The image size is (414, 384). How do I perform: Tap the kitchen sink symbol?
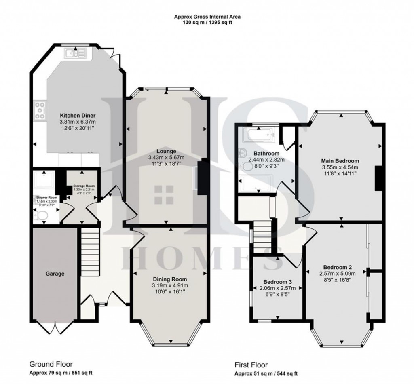pos(75,52)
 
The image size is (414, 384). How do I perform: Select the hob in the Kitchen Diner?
pos(40,110)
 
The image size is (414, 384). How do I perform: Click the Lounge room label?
pos(167,151)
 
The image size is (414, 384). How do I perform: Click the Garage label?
pos(55,274)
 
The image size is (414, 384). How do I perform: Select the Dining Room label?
pos(170,279)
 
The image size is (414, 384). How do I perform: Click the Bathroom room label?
pos(266,154)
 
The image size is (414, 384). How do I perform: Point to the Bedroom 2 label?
pos(337,267)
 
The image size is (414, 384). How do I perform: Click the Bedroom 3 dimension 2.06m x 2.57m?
pos(277,288)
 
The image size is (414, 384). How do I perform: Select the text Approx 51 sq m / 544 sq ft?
pos(266,373)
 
